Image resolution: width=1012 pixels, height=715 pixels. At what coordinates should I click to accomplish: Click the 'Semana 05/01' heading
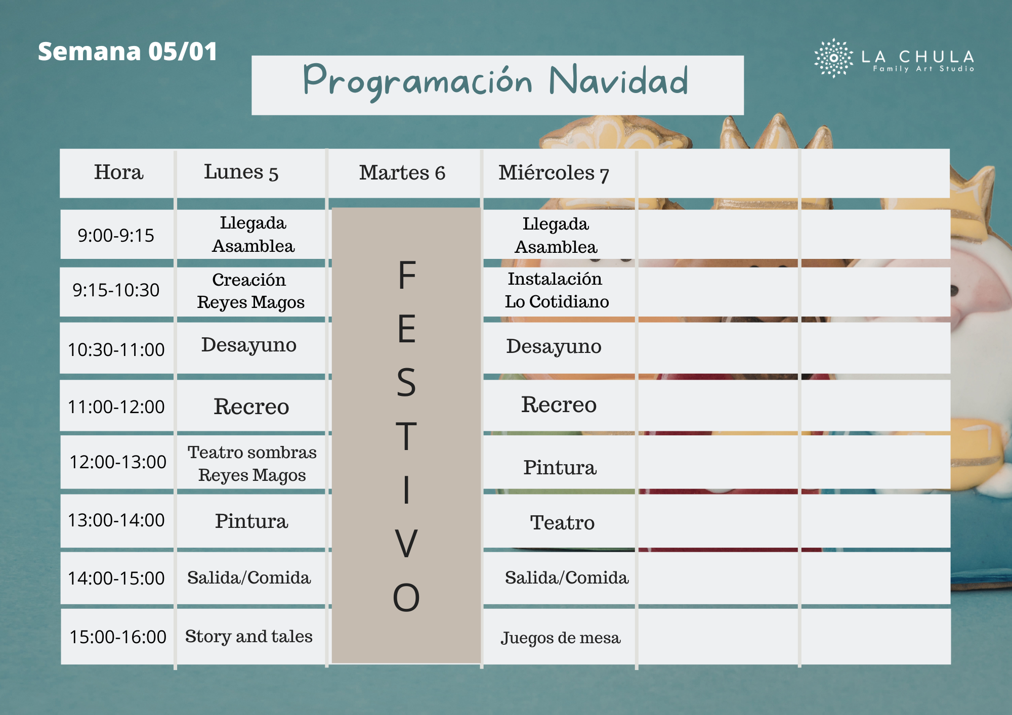click(128, 52)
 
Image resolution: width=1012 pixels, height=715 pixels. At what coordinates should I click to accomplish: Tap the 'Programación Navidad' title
click(496, 81)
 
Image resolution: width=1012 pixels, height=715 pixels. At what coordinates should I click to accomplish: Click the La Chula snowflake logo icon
click(833, 58)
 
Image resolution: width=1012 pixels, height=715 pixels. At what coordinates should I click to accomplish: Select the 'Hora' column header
click(118, 172)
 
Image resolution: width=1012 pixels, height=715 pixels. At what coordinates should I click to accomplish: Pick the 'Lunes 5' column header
click(241, 172)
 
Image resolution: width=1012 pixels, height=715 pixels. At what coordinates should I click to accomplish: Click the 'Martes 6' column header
click(402, 173)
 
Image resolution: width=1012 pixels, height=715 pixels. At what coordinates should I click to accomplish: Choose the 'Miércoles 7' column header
click(554, 173)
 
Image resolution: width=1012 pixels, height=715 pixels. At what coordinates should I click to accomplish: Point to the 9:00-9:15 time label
click(116, 236)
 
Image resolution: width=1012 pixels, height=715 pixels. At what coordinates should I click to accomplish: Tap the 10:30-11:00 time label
click(116, 349)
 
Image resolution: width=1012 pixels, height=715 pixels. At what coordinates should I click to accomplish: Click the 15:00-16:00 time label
click(118, 637)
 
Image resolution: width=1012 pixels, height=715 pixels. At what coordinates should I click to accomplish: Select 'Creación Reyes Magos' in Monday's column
click(250, 291)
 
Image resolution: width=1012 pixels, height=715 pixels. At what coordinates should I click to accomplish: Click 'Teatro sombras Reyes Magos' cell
click(252, 464)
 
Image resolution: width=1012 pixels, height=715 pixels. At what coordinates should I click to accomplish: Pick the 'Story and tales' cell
click(249, 636)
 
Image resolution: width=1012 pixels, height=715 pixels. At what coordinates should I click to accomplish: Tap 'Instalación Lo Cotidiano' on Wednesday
click(557, 290)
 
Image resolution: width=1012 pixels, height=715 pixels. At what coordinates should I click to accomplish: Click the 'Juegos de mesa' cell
click(561, 638)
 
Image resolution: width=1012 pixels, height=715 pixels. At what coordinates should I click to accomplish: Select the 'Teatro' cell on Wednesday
click(562, 522)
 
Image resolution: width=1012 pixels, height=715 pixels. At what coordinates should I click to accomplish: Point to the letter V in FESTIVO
click(406, 544)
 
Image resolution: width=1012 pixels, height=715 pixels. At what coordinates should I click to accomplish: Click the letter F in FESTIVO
click(407, 275)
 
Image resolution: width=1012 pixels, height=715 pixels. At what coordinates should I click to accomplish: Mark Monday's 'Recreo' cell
click(251, 407)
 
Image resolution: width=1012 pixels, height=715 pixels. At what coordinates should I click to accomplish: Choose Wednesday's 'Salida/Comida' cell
click(567, 577)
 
